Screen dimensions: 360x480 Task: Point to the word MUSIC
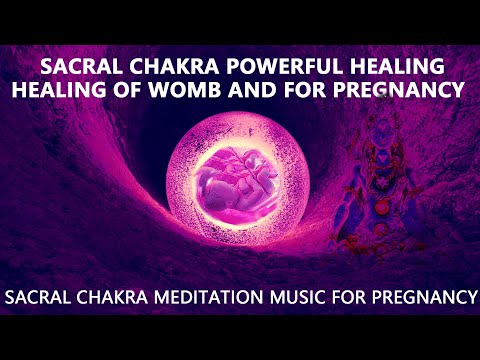coord(298,297)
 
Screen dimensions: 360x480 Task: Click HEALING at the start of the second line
coord(69,90)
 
